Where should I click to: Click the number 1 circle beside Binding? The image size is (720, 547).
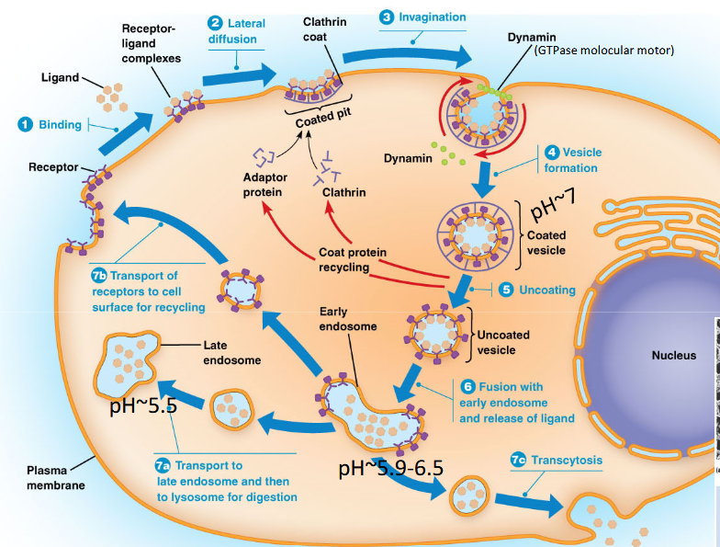[27, 124]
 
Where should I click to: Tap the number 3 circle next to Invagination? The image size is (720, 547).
[387, 17]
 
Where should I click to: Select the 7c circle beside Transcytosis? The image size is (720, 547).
[518, 461]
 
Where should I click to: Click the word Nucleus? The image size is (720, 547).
[673, 355]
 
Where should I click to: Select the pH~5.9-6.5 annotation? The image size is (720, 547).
[390, 468]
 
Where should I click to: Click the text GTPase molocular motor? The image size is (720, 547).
[603, 51]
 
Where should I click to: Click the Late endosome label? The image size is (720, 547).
[231, 353]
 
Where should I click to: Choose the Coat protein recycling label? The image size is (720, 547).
[352, 259]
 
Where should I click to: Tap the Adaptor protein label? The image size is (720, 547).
[263, 185]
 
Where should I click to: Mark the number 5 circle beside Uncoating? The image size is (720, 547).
[506, 290]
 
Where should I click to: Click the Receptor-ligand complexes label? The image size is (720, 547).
[152, 44]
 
